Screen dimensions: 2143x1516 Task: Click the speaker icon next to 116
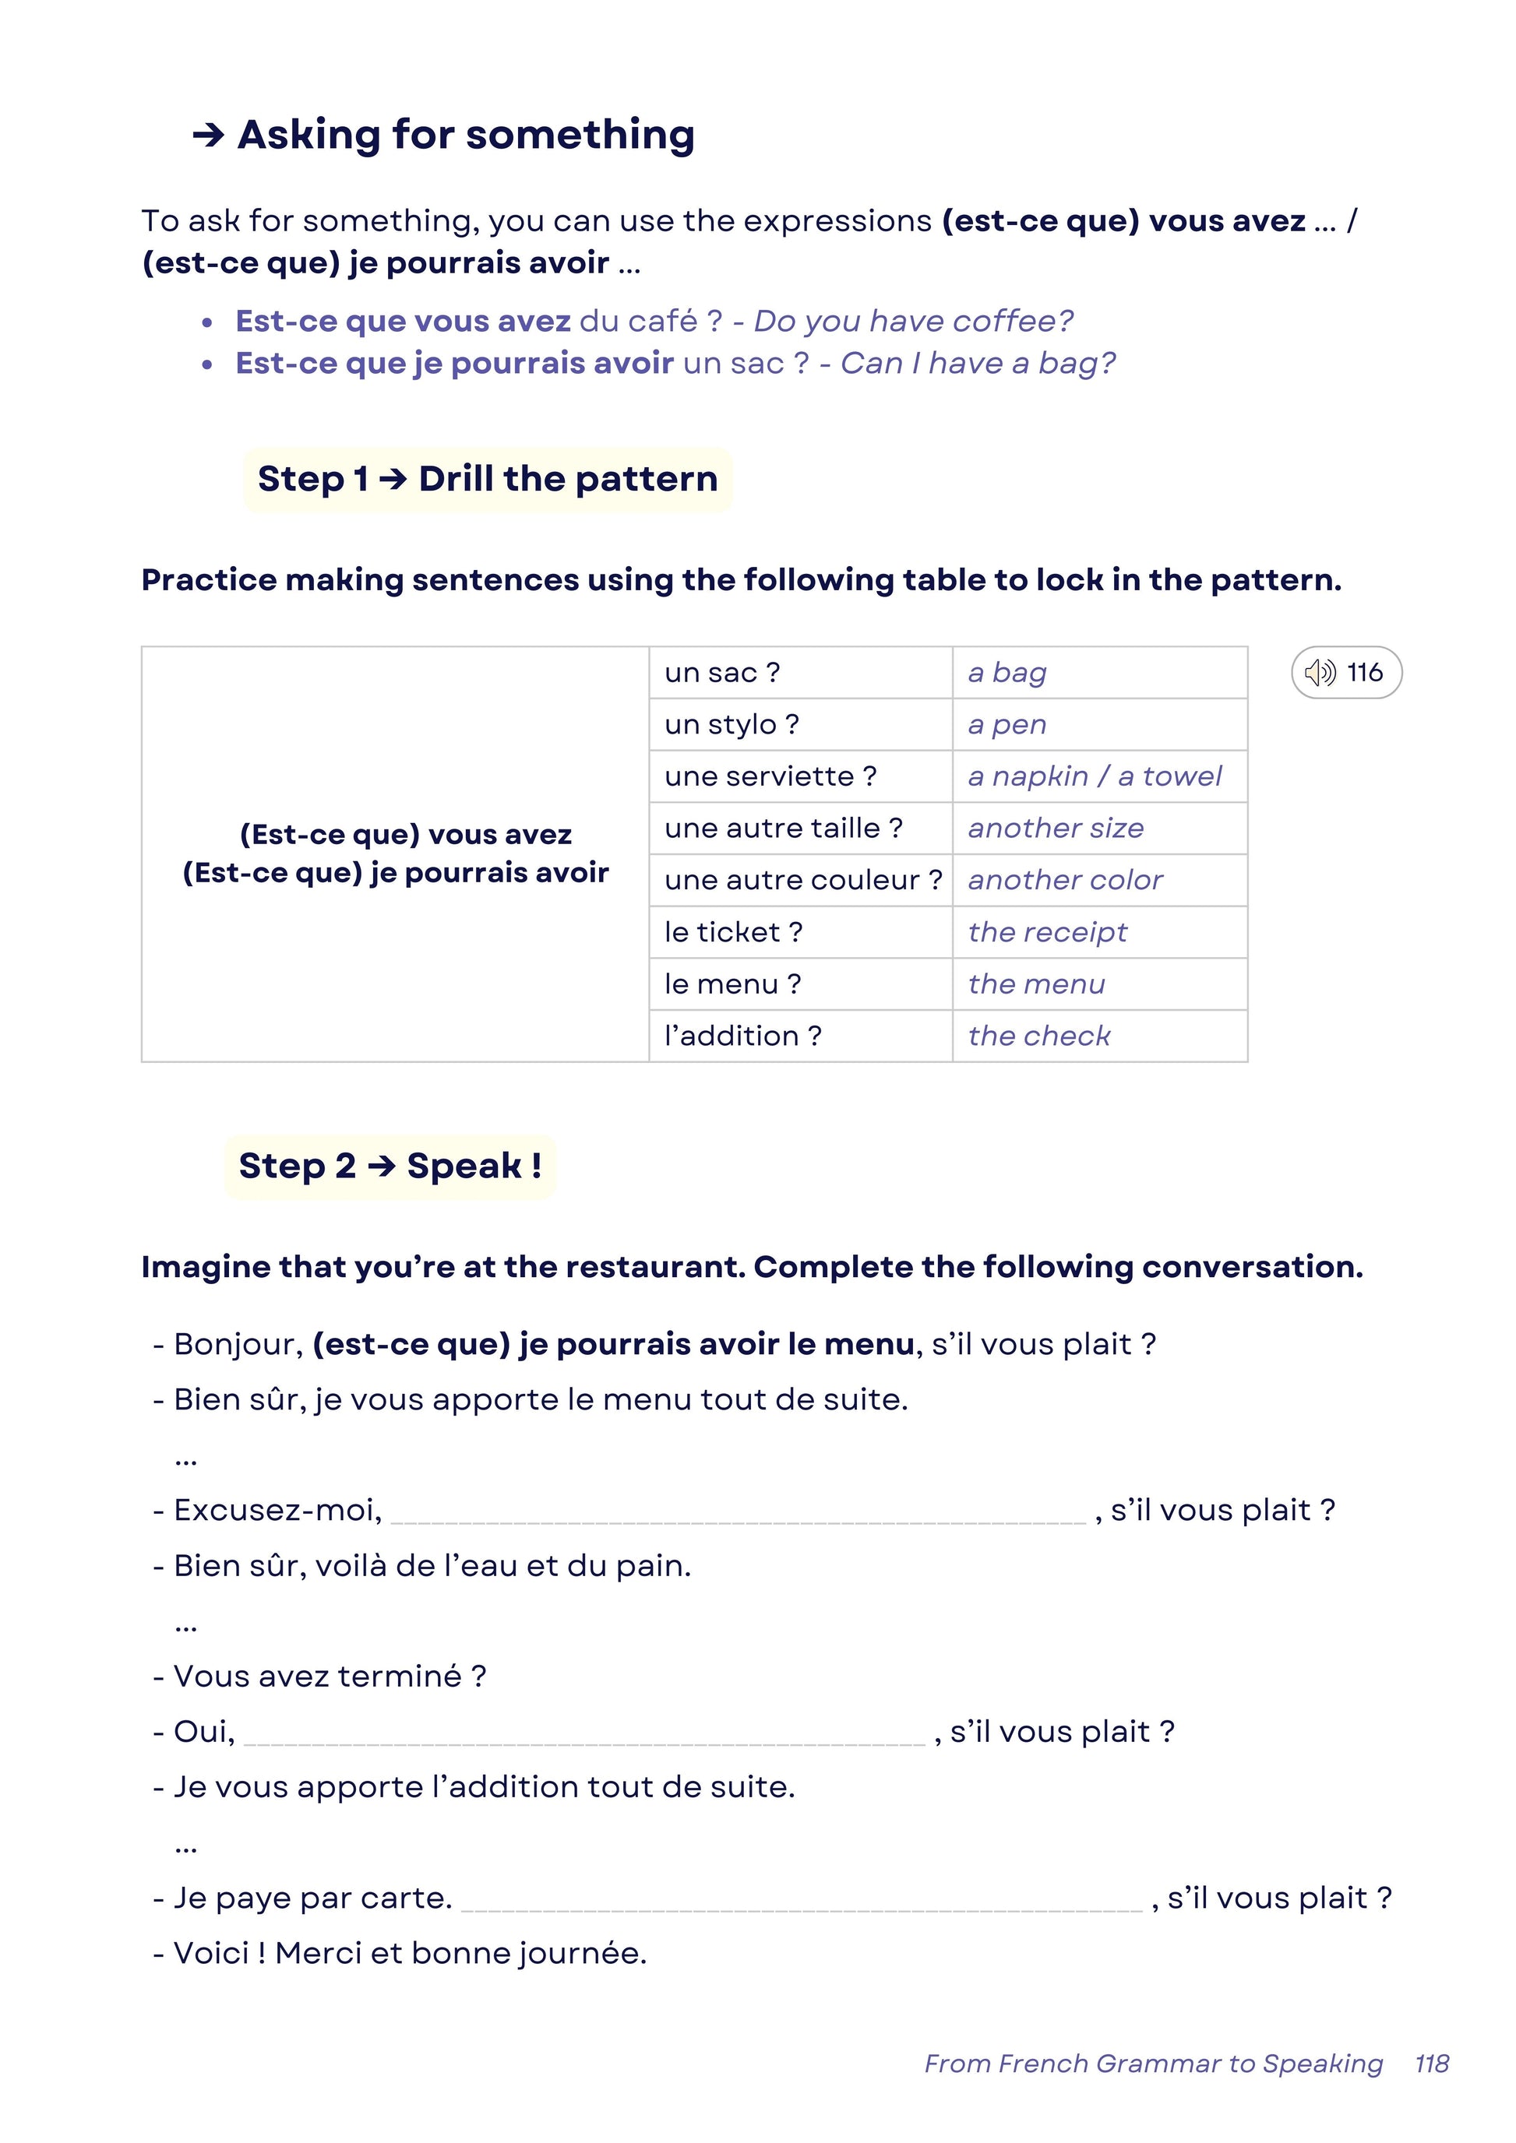click(x=1320, y=672)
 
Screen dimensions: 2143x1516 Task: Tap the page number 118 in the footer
click(x=1431, y=2064)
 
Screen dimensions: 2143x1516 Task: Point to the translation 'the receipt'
click(x=1047, y=931)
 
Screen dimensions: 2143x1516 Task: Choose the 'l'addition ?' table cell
click(x=743, y=1035)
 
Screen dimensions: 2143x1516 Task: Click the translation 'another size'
click(x=1055, y=828)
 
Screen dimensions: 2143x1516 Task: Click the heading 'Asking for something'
click(x=465, y=135)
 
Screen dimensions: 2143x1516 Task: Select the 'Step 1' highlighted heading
click(x=488, y=479)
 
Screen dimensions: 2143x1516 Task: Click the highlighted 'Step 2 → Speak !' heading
click(x=390, y=1166)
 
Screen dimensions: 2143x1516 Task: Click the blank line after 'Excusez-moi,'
click(x=738, y=1512)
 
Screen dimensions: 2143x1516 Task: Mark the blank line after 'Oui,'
click(x=584, y=1733)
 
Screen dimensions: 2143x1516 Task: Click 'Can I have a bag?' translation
click(x=978, y=363)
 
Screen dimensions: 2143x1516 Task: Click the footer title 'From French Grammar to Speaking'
click(x=1153, y=2064)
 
